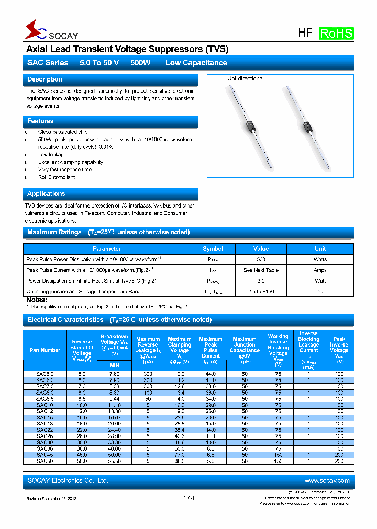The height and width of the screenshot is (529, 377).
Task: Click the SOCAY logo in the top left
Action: point(51,31)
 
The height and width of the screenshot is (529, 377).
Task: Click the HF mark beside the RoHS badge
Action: point(305,33)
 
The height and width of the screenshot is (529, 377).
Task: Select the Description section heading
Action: point(45,79)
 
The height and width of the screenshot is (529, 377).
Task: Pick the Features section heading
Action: point(40,121)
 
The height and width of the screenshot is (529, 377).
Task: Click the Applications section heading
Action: point(46,194)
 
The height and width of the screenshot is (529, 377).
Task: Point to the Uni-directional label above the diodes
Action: point(245,78)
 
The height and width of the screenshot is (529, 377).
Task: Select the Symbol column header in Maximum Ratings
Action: point(213,249)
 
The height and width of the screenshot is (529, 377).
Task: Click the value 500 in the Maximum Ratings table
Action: point(261,259)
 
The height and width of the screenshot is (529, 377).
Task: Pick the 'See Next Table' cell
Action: point(261,270)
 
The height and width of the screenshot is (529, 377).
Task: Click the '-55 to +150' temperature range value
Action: point(261,292)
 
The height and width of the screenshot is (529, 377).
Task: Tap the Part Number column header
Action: point(45,350)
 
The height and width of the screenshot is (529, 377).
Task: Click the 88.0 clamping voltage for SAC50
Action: point(180,461)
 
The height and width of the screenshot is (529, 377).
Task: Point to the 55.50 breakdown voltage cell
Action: point(114,461)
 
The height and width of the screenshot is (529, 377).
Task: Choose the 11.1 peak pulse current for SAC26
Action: point(210,436)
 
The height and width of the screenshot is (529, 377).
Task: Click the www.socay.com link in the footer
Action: point(327,480)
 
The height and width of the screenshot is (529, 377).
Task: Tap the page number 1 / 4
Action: point(189,498)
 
